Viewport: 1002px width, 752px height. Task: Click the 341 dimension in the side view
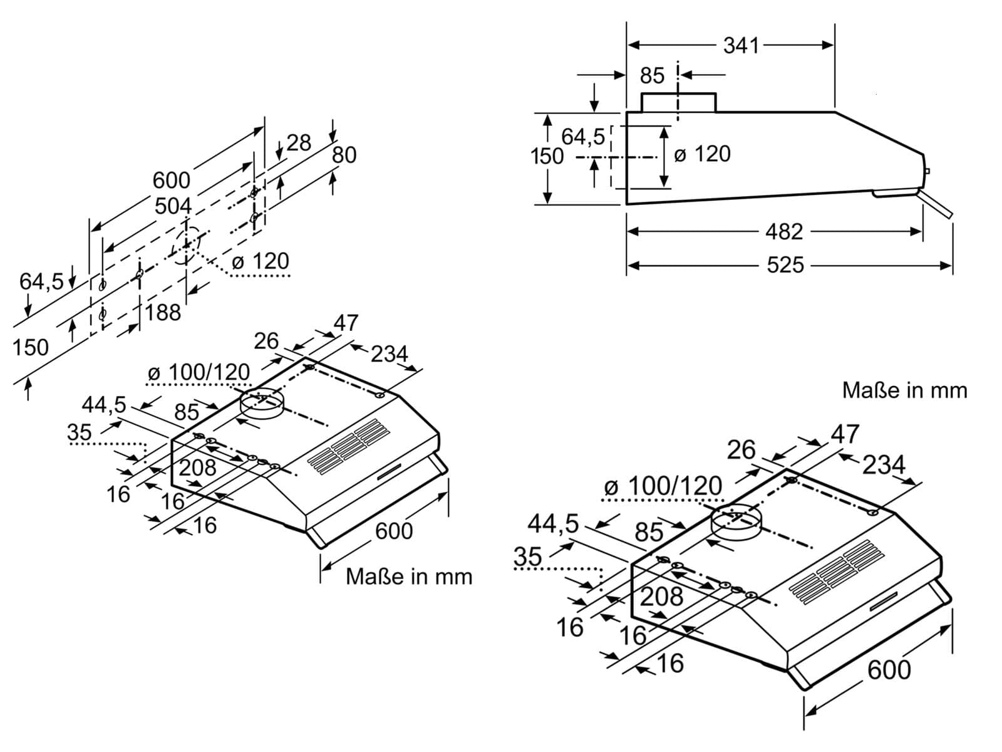pyautogui.click(x=740, y=45)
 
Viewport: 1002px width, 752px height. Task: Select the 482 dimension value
pyautogui.click(x=784, y=231)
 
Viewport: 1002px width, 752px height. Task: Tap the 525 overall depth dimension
pyautogui.click(x=785, y=265)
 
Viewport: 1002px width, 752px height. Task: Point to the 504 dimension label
pyautogui.click(x=173, y=206)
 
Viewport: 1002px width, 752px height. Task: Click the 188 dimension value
pyautogui.click(x=163, y=313)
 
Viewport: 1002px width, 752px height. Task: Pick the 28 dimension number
pyautogui.click(x=299, y=142)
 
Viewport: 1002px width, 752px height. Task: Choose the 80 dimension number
pyautogui.click(x=344, y=155)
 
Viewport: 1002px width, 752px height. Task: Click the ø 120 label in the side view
pyautogui.click(x=702, y=154)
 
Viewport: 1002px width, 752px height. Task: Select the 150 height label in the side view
pyautogui.click(x=547, y=156)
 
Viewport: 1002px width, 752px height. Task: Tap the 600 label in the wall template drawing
pyautogui.click(x=171, y=180)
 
